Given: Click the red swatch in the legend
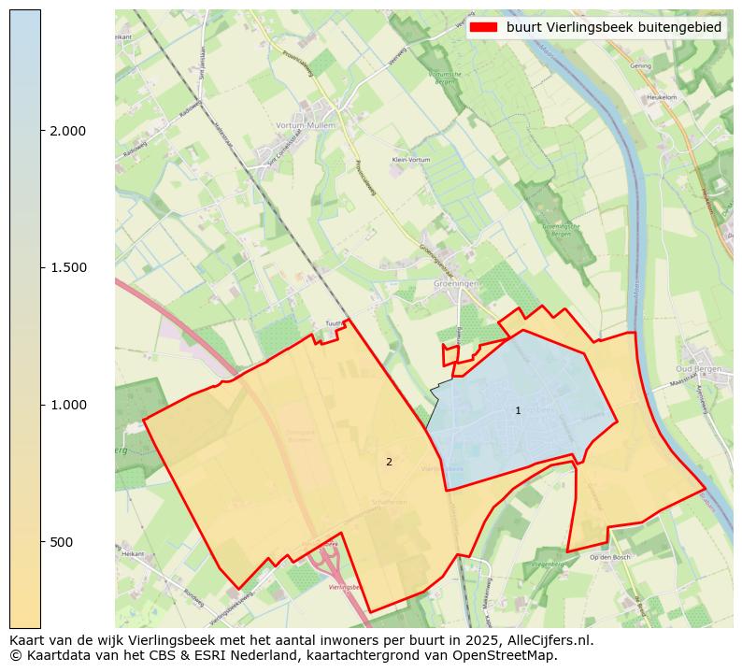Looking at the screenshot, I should tap(485, 27).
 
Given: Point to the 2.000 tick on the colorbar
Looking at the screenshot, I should tap(67, 131).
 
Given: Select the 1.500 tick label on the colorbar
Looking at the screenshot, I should tap(67, 268).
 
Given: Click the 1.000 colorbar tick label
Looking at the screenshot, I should tap(67, 405).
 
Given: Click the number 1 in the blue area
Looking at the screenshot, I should tap(518, 411).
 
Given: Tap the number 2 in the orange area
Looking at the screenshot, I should tap(389, 462).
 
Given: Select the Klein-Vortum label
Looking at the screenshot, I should tap(411, 160).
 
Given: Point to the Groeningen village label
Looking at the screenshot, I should tap(456, 281).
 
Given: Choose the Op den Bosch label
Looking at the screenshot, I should tap(610, 557).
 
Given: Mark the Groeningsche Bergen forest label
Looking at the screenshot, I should tap(556, 230).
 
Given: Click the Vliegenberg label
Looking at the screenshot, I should tap(546, 565).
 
